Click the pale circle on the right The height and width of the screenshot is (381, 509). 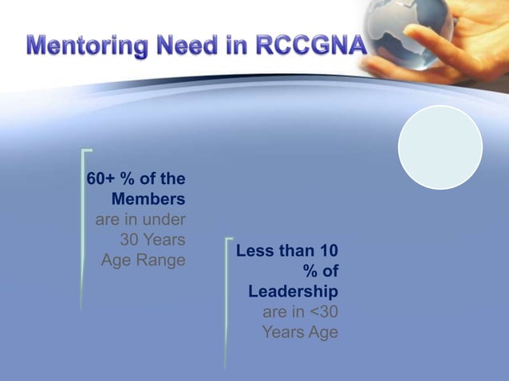point(440,147)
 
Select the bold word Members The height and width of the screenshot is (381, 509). point(148,198)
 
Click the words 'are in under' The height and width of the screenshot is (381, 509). point(140,218)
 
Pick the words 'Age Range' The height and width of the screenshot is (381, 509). point(143,260)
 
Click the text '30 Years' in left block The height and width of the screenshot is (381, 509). point(152,239)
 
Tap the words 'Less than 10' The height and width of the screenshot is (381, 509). point(287,252)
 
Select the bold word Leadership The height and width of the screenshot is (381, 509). point(293,292)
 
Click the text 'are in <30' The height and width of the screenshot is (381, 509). point(300,312)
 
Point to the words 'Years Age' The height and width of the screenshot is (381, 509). point(300,332)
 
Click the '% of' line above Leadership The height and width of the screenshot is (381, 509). point(320,272)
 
